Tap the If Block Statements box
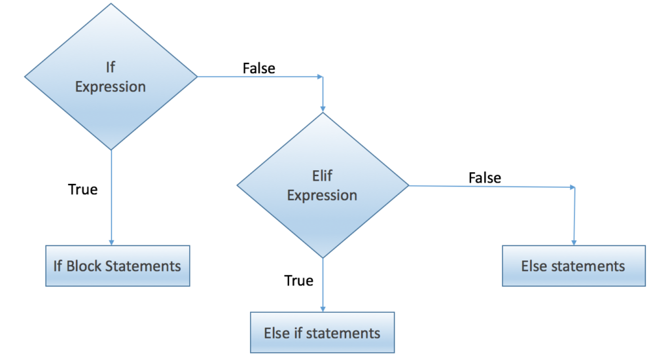point(117,266)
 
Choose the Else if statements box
point(322,333)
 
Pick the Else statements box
point(573,266)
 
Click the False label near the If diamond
point(259,68)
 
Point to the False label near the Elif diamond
point(485,177)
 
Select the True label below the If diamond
point(82,190)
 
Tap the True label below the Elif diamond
point(298,281)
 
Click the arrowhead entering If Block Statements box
point(111,242)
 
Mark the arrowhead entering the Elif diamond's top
point(323,109)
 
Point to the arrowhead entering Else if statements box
point(323,309)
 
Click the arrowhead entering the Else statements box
point(574,242)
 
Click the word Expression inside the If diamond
point(111,86)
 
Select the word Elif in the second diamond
point(323,175)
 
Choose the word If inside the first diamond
point(111,67)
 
